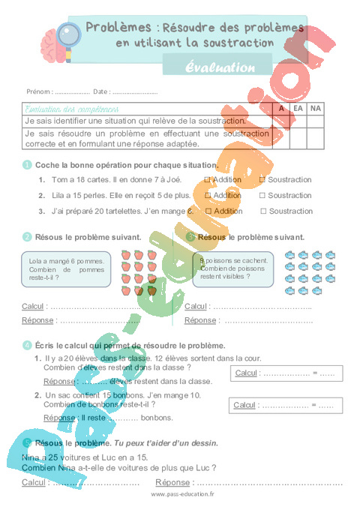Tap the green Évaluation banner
221,67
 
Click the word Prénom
39,91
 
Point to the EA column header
298,109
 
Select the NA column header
315,109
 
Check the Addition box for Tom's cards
208,180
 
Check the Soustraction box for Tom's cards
262,180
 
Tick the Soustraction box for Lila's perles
262,196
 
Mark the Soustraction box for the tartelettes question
262,211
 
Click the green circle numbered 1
27,165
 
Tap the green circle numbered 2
27,237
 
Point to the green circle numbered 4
27,345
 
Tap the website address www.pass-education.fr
182,494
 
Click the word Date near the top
101,91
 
